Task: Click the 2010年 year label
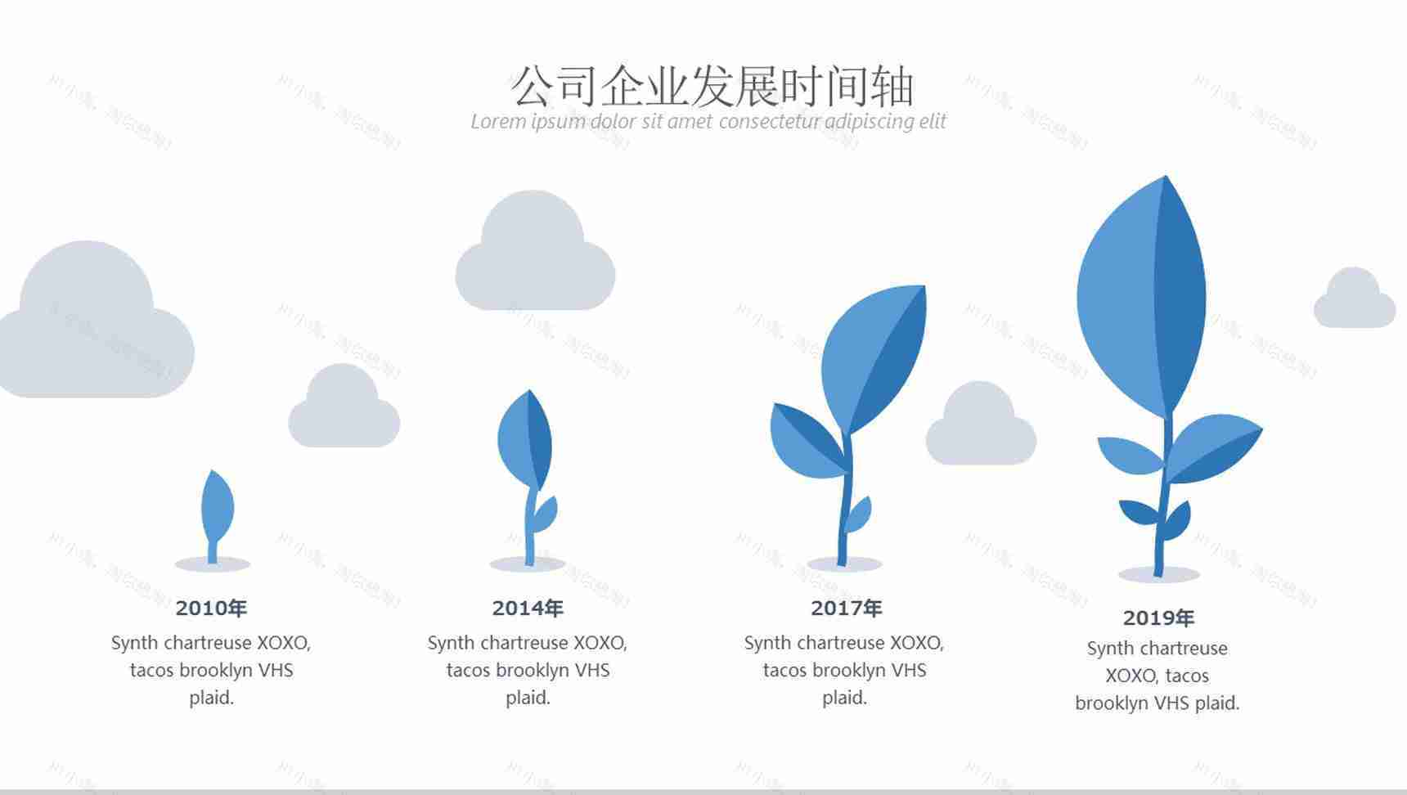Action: pos(211,608)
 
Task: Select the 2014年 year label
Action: pos(528,608)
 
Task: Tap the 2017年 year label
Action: pos(846,608)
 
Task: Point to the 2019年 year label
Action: pos(1158,618)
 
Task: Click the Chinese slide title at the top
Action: pos(712,87)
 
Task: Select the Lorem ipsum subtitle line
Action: pos(708,122)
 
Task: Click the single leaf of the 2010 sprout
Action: pos(217,507)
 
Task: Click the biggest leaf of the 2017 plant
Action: pos(874,356)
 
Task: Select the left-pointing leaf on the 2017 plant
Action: pos(806,442)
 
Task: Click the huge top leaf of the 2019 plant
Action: pos(1141,299)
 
